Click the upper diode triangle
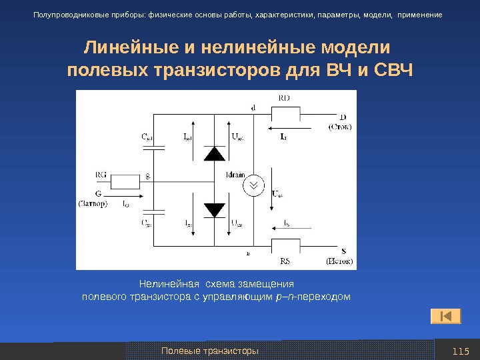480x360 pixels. point(215,153)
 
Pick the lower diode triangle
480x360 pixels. point(215,210)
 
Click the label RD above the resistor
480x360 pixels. point(283,97)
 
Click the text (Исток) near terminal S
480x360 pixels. point(339,261)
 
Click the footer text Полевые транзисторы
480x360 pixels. point(211,351)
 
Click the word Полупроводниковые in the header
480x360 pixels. point(71,14)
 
